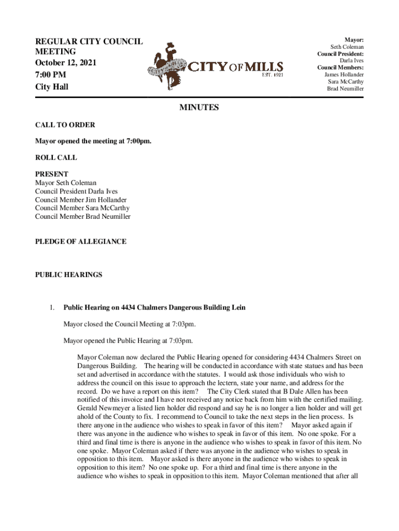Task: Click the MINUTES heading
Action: point(199,108)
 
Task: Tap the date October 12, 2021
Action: point(65,63)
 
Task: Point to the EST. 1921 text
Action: point(272,75)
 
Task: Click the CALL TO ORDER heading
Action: point(65,125)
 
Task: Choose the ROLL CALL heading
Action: point(56,158)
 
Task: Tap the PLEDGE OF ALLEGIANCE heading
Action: point(80,242)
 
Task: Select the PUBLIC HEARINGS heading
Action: point(68,275)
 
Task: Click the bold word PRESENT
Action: point(51,174)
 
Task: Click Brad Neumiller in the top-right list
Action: point(345,89)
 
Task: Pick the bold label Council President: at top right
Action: point(340,53)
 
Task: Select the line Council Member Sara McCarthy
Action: point(82,208)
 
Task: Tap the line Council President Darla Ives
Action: point(76,191)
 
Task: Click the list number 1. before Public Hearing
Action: point(52,308)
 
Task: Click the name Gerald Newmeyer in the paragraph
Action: point(102,408)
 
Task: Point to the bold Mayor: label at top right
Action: point(354,39)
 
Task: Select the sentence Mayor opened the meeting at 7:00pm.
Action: point(93,141)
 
